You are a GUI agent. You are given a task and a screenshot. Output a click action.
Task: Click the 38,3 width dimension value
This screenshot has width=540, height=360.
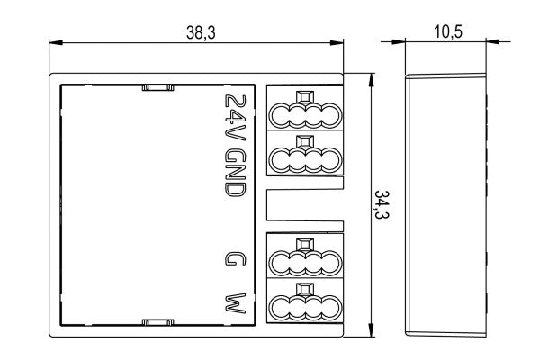click(201, 32)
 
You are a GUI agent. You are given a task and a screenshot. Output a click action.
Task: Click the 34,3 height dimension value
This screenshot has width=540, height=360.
click(382, 205)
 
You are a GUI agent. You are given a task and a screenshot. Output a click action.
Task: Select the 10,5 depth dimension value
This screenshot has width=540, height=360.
click(448, 31)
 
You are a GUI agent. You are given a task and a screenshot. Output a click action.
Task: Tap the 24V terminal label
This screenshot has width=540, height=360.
click(236, 118)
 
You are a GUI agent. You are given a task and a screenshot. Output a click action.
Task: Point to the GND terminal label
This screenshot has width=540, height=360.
click(236, 173)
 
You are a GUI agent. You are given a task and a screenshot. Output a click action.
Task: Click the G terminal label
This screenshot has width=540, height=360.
click(236, 258)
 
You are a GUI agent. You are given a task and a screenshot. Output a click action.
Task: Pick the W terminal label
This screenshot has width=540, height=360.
click(236, 303)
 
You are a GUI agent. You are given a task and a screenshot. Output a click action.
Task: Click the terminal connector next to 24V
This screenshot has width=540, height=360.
click(305, 107)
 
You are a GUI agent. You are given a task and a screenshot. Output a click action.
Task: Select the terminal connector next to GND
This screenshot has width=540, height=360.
click(305, 153)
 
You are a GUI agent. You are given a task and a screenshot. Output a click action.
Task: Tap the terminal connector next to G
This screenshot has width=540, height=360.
click(305, 256)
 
